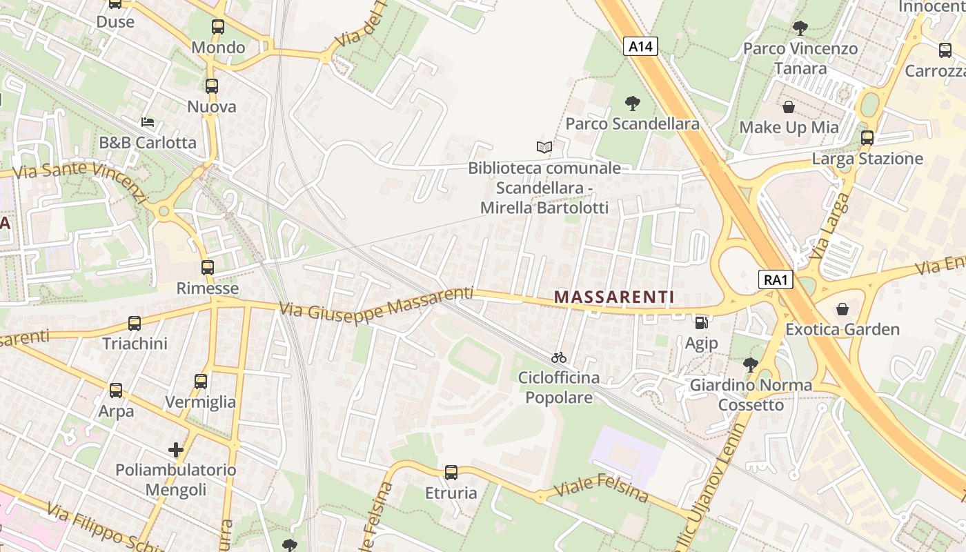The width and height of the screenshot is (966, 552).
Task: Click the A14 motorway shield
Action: pyautogui.click(x=640, y=46)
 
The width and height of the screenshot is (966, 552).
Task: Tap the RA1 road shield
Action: pyautogui.click(x=776, y=279)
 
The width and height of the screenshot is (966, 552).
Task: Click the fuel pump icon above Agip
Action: pyautogui.click(x=701, y=322)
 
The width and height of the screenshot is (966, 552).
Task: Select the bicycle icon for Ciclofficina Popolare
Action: pyautogui.click(x=559, y=357)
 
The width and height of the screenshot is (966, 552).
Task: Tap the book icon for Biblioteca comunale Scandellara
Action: pyautogui.click(x=544, y=147)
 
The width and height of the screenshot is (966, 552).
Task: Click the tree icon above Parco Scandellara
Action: pyautogui.click(x=632, y=103)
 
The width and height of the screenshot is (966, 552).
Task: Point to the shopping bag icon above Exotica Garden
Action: pyautogui.click(x=842, y=308)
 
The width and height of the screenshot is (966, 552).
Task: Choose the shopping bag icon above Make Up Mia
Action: pyautogui.click(x=788, y=107)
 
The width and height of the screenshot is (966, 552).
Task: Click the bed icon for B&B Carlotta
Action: pyautogui.click(x=148, y=122)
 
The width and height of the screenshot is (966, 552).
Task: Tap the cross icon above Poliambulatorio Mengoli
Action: pyautogui.click(x=176, y=450)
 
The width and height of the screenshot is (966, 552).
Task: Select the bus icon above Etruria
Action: pyautogui.click(x=451, y=473)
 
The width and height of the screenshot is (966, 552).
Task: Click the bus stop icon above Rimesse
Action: pyautogui.click(x=207, y=267)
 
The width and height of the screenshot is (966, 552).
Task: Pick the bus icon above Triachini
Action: pyautogui.click(x=135, y=323)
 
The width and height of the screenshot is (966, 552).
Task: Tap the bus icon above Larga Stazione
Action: pyautogui.click(x=867, y=138)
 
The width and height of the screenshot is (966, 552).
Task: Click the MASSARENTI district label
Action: pyautogui.click(x=614, y=297)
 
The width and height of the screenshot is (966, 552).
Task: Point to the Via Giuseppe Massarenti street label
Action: pyautogui.click(x=376, y=304)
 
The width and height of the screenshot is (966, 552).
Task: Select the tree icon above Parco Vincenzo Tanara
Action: pyautogui.click(x=800, y=28)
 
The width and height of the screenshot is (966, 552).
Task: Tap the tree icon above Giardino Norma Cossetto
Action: pyautogui.click(x=751, y=364)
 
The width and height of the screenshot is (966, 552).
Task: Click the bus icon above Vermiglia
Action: pyautogui.click(x=201, y=381)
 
